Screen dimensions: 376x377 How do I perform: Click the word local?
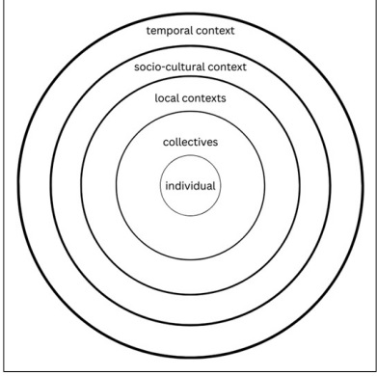[x=169, y=98]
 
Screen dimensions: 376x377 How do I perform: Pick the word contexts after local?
[x=209, y=98]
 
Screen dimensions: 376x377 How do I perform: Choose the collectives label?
[x=190, y=142]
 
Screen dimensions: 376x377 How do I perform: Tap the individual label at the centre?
[x=189, y=186]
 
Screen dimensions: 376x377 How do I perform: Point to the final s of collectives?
[x=217, y=142]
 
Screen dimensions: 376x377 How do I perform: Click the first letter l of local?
[x=156, y=98]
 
